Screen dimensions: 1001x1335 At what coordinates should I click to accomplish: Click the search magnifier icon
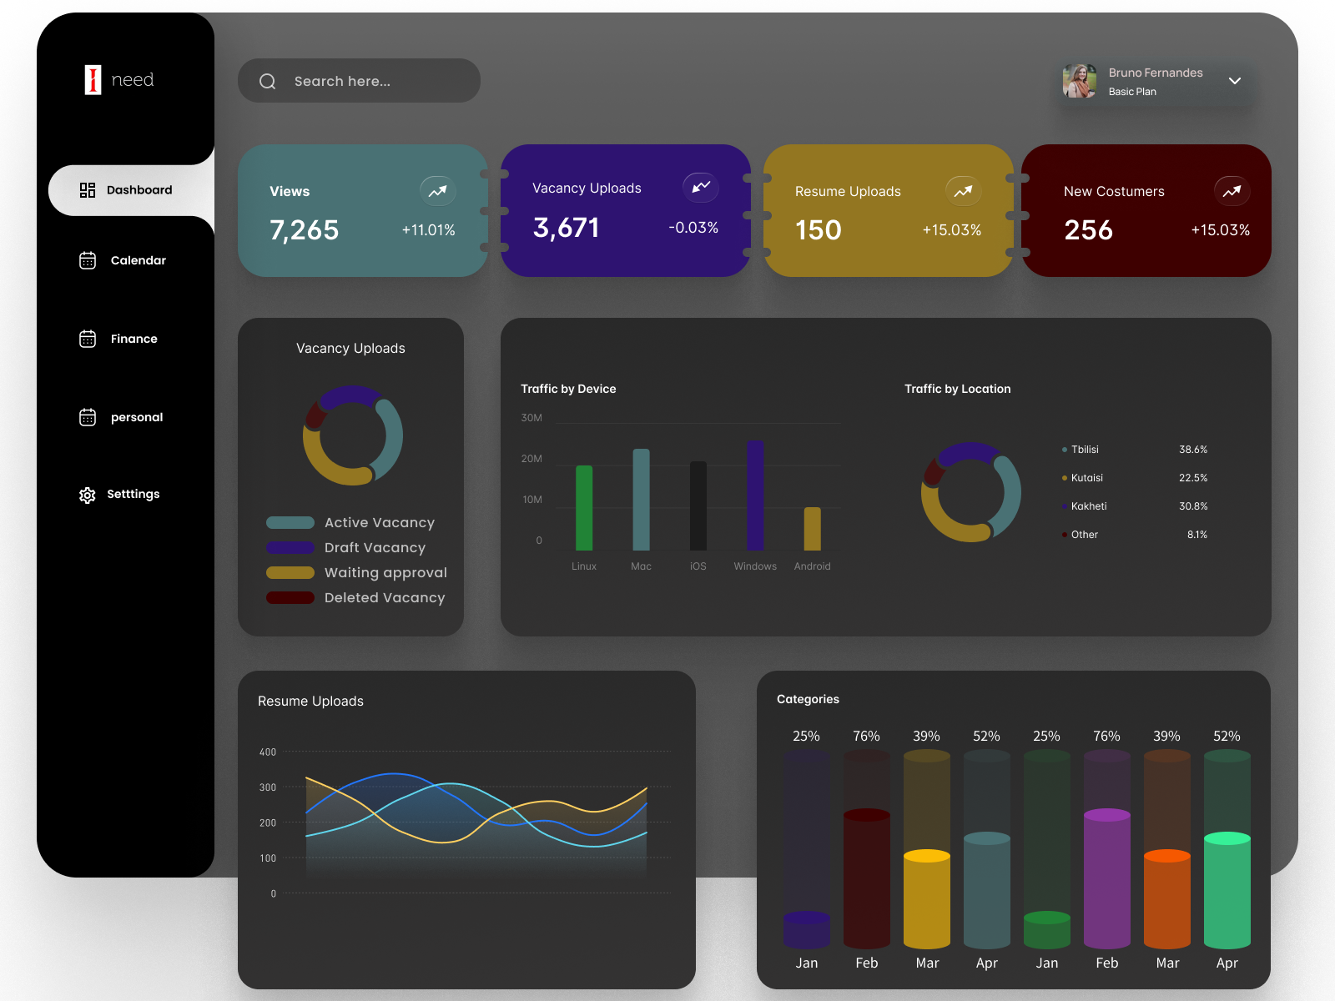tap(268, 82)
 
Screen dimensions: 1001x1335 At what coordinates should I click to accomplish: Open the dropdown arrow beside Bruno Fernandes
tap(1235, 81)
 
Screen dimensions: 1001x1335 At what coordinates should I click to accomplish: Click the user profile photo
tap(1080, 82)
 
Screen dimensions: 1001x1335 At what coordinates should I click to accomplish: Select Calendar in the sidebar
tap(138, 260)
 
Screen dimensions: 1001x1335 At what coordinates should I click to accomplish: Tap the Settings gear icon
tap(88, 495)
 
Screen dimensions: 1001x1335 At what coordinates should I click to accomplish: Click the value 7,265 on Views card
tap(305, 230)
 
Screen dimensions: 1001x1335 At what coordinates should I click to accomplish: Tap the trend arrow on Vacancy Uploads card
tap(701, 187)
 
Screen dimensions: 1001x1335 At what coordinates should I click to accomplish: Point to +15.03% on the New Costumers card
tap(1220, 230)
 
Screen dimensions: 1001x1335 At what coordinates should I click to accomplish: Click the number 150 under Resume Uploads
tap(819, 230)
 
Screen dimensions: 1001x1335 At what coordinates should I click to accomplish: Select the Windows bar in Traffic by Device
tap(755, 495)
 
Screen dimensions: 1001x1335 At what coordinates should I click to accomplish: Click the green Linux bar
tap(584, 508)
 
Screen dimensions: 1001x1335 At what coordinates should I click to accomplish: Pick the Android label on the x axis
tap(812, 566)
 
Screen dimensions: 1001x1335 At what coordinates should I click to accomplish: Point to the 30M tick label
tap(531, 418)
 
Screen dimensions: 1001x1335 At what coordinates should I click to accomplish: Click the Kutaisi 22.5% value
tap(1193, 478)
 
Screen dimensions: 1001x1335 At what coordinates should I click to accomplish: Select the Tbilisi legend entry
tap(1085, 450)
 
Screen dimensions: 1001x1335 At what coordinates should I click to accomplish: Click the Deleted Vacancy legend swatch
tap(290, 598)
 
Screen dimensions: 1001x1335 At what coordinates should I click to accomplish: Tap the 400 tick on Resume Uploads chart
tap(268, 752)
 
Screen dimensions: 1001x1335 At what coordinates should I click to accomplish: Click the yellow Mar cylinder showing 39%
tap(927, 901)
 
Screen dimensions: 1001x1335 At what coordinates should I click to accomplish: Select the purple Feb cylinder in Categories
tap(1107, 880)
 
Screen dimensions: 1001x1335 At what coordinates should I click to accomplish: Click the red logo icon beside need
tap(93, 80)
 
